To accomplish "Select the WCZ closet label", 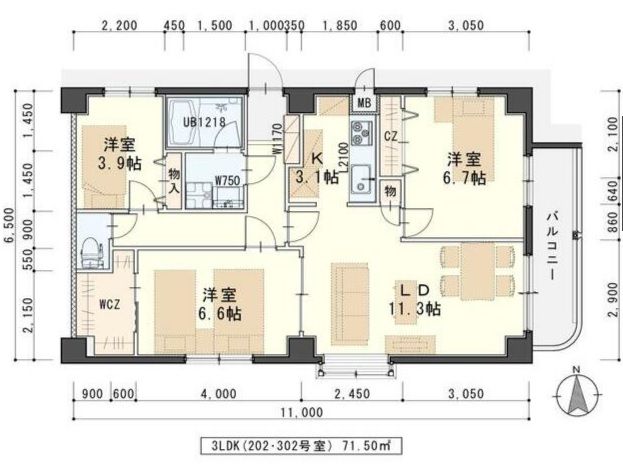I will pyautogui.click(x=110, y=304).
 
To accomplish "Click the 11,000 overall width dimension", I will pyautogui.click(x=302, y=411).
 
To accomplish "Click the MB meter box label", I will pyautogui.click(x=364, y=103).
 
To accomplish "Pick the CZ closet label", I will pyautogui.click(x=390, y=136).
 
